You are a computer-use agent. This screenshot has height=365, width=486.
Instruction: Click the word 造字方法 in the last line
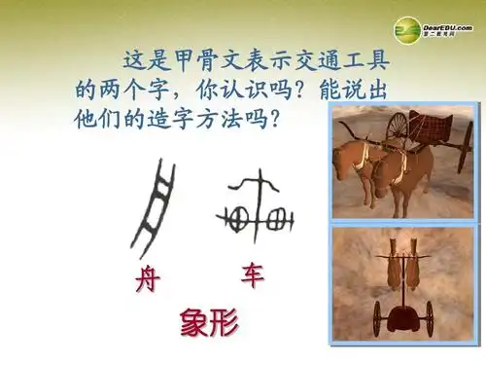tap(218, 121)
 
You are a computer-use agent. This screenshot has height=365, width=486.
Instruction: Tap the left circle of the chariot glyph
tap(233, 213)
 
